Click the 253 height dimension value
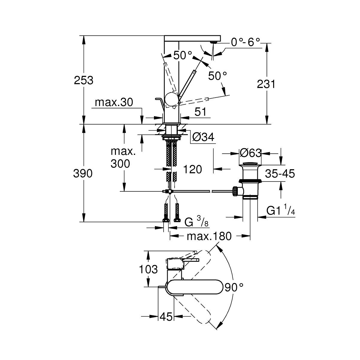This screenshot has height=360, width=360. [x=83, y=80]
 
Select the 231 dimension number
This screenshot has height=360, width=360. [x=266, y=84]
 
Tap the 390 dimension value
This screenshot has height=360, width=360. [x=83, y=173]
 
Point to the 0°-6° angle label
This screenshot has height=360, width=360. [x=245, y=42]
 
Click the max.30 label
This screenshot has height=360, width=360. [x=114, y=103]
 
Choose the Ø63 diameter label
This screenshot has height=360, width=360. [x=250, y=153]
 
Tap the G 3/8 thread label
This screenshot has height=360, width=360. [x=196, y=222]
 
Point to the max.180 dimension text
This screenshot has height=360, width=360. [x=209, y=237]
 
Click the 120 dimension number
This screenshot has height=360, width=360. [x=192, y=170]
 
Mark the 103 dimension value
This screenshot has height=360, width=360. [x=148, y=270]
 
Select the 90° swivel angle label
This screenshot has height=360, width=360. [x=234, y=288]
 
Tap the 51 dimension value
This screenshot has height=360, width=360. [x=200, y=112]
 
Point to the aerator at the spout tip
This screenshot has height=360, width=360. [x=213, y=42]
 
